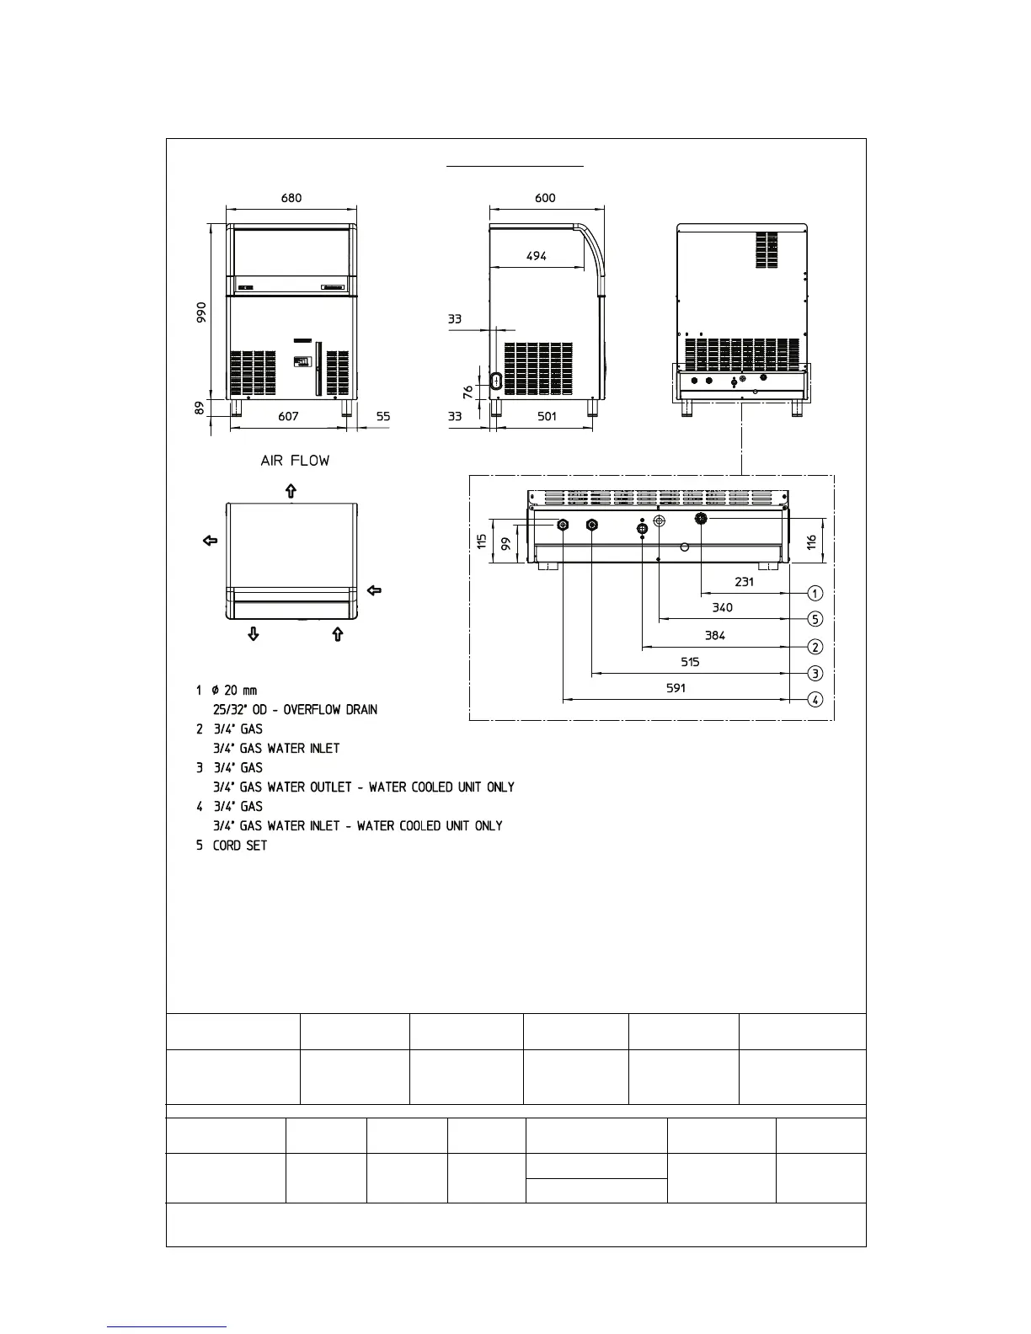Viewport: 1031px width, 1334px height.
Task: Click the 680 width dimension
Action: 291,199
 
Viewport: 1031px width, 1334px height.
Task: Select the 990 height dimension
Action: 200,317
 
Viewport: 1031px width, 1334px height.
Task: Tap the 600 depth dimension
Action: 545,199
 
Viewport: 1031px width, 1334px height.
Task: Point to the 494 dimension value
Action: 536,257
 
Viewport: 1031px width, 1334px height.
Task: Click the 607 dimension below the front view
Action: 288,416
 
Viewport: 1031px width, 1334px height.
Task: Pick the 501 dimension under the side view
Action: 547,416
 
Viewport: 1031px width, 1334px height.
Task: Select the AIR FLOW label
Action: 295,461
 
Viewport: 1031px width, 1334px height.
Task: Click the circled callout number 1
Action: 815,593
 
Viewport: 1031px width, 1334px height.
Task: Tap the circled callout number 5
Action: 815,619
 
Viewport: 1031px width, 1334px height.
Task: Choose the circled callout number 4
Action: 815,699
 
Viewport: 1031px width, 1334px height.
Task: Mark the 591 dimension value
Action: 676,688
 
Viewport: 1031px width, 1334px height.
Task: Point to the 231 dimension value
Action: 744,582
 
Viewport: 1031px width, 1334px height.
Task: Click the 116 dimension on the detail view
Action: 811,542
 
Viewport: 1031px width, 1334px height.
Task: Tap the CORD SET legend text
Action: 240,846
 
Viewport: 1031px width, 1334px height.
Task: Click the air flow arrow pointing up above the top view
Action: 291,490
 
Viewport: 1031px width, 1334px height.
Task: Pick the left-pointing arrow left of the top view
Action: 211,540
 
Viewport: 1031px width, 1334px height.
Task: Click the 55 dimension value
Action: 383,416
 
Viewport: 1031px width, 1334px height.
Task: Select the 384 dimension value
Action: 714,636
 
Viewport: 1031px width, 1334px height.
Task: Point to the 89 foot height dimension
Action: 200,408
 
